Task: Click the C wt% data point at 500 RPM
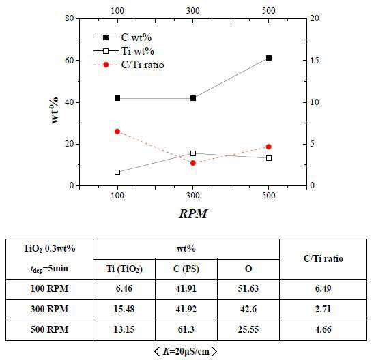click(269, 58)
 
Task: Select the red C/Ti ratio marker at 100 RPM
click(117, 132)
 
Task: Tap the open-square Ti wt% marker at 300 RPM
click(193, 153)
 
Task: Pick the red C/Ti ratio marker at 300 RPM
click(193, 163)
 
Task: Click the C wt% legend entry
click(123, 37)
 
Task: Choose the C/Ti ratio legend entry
click(129, 65)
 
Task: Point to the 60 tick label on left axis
click(70, 61)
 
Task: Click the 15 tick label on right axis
click(315, 60)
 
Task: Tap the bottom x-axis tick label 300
click(193, 196)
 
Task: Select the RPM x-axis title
click(193, 213)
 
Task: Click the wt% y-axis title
click(55, 110)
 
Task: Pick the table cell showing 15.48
click(124, 309)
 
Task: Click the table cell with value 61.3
click(186, 329)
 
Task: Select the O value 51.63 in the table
click(248, 288)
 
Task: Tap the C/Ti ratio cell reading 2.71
click(323, 309)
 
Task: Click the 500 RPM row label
click(49, 329)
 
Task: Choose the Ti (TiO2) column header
click(124, 269)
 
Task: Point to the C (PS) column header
click(186, 269)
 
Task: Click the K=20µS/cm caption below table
click(186, 351)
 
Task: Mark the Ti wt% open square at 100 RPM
click(117, 172)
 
